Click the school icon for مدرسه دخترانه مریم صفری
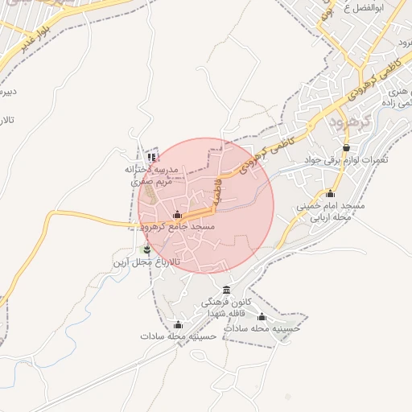point(151,157)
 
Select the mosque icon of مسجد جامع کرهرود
point(177,215)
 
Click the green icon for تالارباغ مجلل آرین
point(146,250)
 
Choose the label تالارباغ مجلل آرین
point(145,263)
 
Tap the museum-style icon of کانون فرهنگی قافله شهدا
point(226,290)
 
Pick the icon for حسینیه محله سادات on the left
point(178,325)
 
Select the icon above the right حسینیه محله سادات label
point(261,317)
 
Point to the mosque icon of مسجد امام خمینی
point(330,193)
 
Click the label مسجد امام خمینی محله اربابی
point(330,212)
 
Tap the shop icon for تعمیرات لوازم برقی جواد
point(346,148)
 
